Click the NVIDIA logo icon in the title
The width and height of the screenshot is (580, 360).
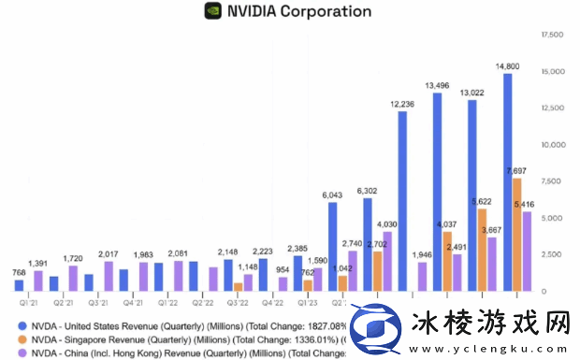213,12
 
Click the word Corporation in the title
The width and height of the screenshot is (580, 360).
324,12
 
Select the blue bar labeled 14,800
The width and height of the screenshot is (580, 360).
507,182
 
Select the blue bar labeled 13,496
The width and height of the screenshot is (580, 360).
437,192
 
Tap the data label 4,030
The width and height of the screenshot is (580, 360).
387,224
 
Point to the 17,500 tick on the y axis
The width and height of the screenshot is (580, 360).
552,35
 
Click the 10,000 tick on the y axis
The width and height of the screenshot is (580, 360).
552,145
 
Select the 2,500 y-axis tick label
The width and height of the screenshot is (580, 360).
552,254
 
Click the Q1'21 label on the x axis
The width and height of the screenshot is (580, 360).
29,302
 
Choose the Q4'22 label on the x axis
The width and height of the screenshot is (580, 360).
271,302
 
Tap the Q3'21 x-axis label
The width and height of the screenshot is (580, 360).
98,302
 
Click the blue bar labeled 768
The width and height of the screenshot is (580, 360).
19,285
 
